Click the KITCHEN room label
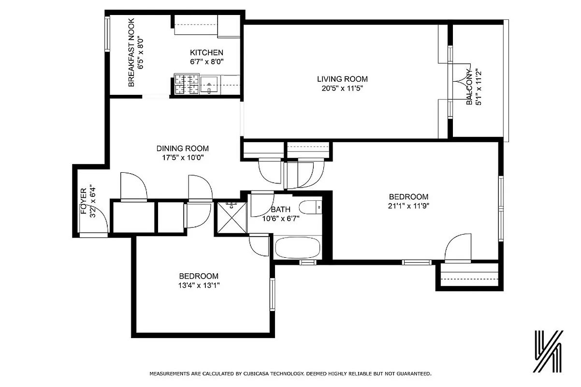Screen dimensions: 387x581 click(x=206, y=53)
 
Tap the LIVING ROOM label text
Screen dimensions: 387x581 click(x=342, y=79)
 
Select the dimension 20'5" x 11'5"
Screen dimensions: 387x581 click(x=342, y=89)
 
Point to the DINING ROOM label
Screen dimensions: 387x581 click(x=182, y=149)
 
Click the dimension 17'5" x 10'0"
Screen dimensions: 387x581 click(x=182, y=158)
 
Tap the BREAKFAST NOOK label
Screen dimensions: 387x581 click(x=131, y=53)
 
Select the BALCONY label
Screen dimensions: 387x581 click(x=469, y=87)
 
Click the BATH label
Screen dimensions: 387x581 click(x=280, y=209)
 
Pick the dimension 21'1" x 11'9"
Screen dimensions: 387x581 click(x=409, y=206)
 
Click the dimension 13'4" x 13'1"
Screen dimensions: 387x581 click(x=200, y=285)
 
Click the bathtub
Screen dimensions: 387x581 click(x=297, y=248)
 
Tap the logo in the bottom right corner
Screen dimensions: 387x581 click(x=548, y=352)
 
